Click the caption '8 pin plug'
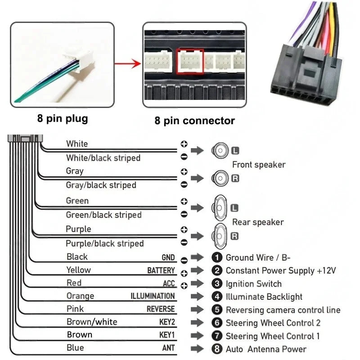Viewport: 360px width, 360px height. (63, 119)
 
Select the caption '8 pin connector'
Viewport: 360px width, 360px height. (194, 121)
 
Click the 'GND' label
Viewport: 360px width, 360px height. (168, 258)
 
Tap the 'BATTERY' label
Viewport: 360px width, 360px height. (161, 270)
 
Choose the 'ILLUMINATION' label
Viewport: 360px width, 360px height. (153, 296)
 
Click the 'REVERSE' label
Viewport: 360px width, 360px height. (161, 309)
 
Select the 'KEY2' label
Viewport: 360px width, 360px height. (167, 322)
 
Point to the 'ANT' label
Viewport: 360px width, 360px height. (168, 348)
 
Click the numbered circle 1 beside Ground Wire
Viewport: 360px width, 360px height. (217, 257)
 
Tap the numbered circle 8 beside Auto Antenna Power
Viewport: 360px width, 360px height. (217, 349)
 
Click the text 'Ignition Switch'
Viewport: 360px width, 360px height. (253, 284)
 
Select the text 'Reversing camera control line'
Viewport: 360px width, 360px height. (283, 310)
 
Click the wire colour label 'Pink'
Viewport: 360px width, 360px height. (75, 309)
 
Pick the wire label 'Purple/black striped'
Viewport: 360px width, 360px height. (104, 243)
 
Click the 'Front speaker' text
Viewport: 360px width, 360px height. (259, 165)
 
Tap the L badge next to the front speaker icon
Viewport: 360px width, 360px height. (235, 150)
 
